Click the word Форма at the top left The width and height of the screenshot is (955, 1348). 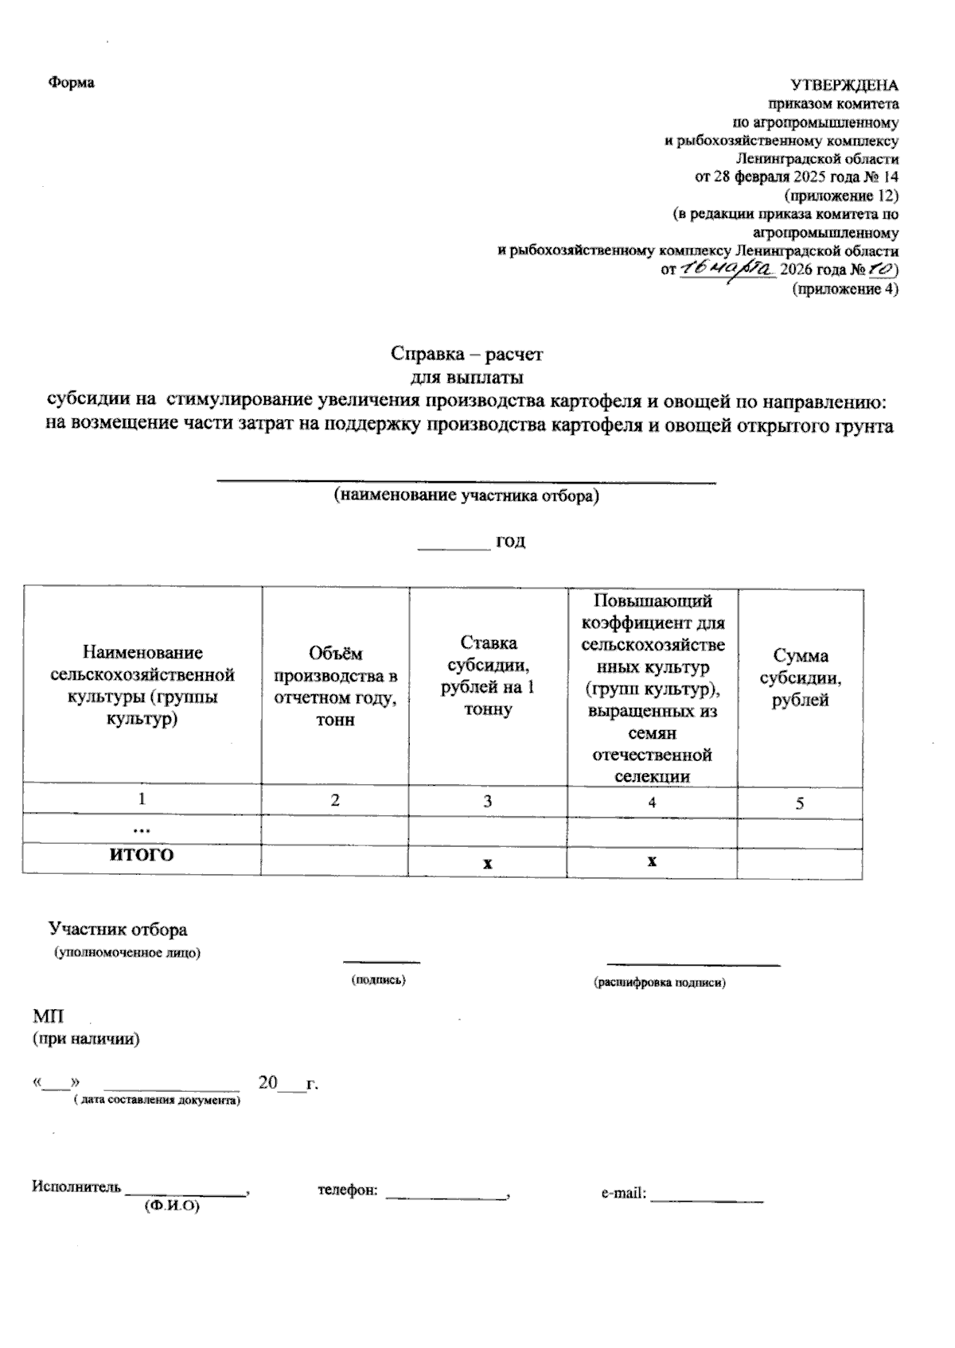pos(71,83)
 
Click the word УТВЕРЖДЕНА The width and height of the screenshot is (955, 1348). pos(844,85)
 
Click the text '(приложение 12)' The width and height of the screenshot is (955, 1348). pos(842,195)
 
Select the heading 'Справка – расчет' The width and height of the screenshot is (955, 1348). pos(466,353)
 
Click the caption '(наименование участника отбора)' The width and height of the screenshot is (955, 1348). pos(466,496)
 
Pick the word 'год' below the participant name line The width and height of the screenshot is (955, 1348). pos(510,542)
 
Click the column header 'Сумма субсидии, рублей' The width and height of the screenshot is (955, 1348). pos(800,678)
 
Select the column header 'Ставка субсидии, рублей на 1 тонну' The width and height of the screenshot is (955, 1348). pos(487,675)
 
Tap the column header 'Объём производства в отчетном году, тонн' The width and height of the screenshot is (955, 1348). pos(335,686)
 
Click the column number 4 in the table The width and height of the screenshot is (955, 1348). pos(652,802)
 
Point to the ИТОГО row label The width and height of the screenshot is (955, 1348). pos(142,855)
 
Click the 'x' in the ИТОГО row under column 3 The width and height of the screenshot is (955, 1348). pos(488,863)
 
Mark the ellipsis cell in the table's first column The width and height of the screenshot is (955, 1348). pos(142,829)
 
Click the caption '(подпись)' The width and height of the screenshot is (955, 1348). pos(379,980)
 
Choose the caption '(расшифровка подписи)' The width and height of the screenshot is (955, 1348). pos(660,982)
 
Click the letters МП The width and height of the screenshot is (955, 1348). pos(48,1016)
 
